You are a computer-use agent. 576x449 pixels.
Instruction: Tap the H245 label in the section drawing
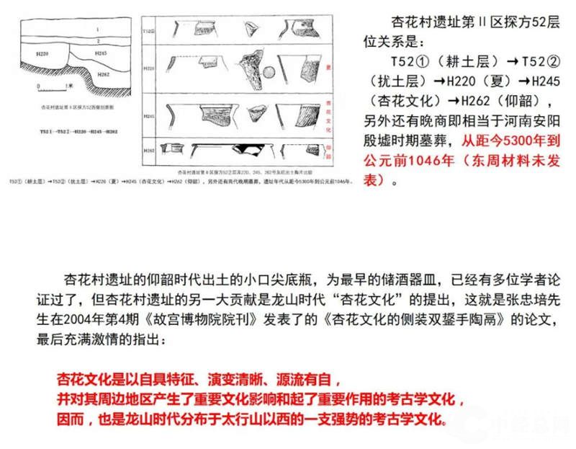point(100,53)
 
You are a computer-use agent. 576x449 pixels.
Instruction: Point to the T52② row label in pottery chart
point(149,32)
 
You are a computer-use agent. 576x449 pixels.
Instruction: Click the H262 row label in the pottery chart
point(149,150)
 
